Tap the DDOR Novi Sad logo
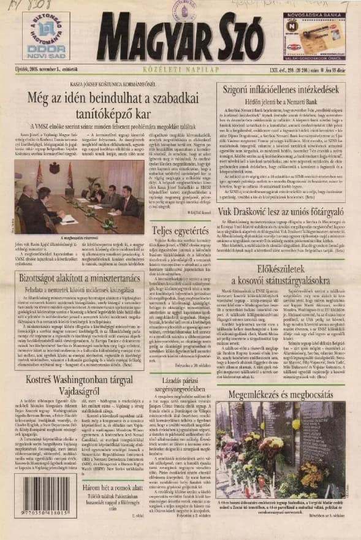click(x=42, y=37)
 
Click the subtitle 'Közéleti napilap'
click(x=181, y=72)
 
